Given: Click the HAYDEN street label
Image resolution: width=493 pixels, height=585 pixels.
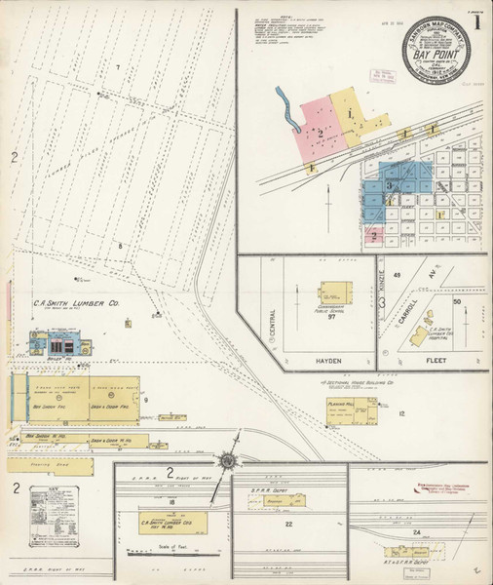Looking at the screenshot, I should tap(328, 360).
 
